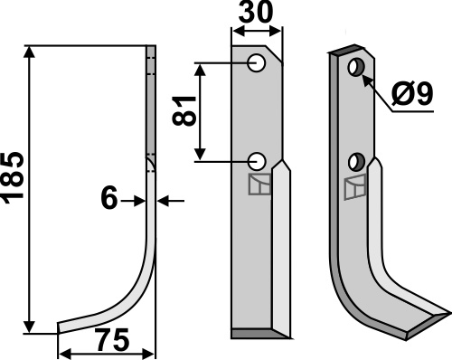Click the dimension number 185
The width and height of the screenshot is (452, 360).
(x=13, y=179)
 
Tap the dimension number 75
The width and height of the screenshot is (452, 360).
(x=112, y=339)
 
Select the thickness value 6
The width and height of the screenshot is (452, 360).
(x=109, y=199)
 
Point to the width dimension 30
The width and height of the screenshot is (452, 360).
(x=256, y=13)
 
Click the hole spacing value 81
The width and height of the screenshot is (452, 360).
(x=184, y=111)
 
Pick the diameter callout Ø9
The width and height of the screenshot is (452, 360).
(x=412, y=94)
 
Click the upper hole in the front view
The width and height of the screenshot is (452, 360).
(x=257, y=63)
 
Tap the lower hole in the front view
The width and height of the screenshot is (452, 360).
(x=257, y=161)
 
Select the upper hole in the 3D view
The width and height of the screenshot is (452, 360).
(x=356, y=68)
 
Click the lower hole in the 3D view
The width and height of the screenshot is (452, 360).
(x=357, y=162)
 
